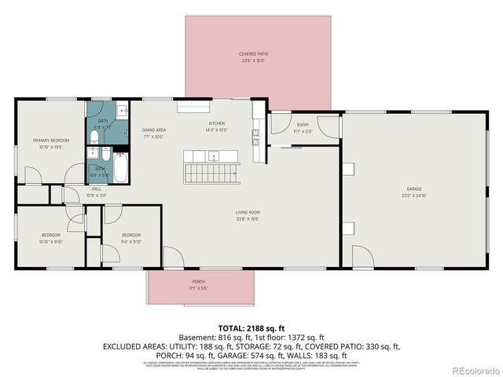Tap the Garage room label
(x=414, y=189)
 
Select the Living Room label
(x=248, y=213)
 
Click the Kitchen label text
(x=217, y=124)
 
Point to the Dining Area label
(x=153, y=130)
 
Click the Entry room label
(x=303, y=125)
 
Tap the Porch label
(x=198, y=282)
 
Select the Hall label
(x=97, y=188)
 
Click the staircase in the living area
(x=211, y=170)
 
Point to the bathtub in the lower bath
(x=122, y=165)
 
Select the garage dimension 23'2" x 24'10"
(x=414, y=196)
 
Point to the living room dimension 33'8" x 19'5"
(x=248, y=219)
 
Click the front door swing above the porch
(x=171, y=258)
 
